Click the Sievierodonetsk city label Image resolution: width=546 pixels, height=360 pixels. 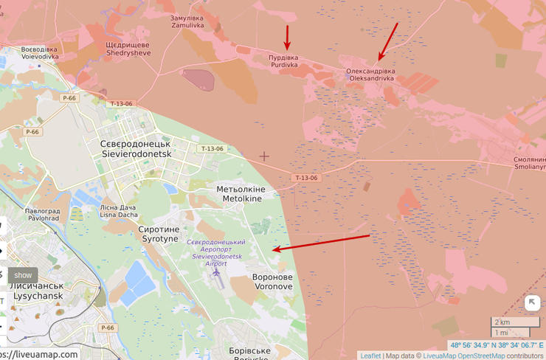coord(135,148)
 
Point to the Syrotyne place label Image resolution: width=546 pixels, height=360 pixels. coord(158,235)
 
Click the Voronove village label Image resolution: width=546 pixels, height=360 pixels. coord(272,282)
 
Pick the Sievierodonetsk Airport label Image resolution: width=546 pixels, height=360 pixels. coord(216,252)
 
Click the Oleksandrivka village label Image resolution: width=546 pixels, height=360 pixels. coord(370,74)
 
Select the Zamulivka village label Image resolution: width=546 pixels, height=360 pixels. coord(187,21)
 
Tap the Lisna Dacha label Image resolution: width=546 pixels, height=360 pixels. coord(119,211)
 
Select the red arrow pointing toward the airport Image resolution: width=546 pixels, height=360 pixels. coord(321,243)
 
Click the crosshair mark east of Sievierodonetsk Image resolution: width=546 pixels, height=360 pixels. coord(264,156)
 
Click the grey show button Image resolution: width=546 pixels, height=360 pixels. coord(23,275)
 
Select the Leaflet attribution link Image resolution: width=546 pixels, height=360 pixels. coord(370,356)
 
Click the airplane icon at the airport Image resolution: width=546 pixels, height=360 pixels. coord(217,274)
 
